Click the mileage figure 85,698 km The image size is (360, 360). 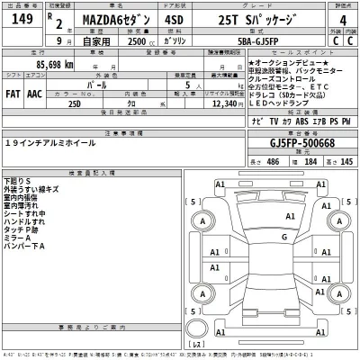point(55,66)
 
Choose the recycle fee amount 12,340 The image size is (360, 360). point(221,104)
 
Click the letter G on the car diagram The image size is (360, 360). point(284,237)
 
